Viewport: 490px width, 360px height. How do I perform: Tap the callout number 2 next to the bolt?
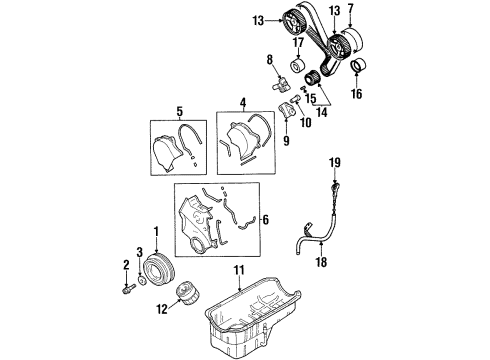tap(127, 264)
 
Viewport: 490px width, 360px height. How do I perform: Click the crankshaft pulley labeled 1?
tap(158, 267)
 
